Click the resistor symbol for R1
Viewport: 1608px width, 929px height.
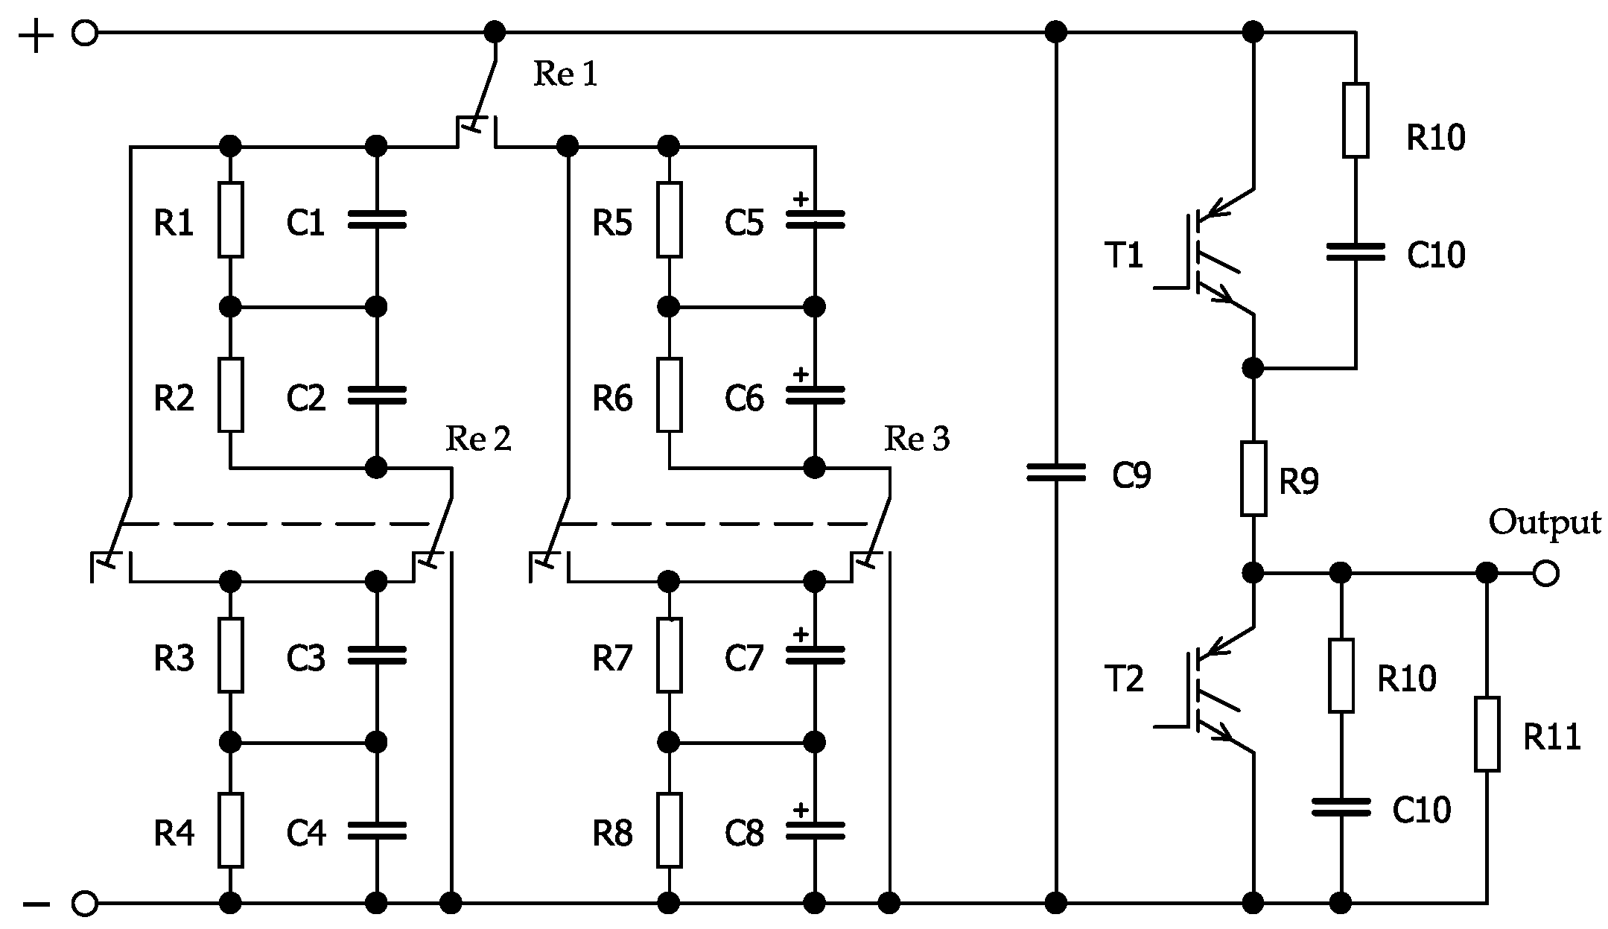(x=230, y=220)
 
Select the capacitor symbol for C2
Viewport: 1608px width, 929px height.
(x=377, y=395)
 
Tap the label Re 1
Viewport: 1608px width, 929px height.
(x=565, y=74)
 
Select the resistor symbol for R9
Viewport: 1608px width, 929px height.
(x=1253, y=478)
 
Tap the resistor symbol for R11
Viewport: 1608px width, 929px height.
(x=1487, y=734)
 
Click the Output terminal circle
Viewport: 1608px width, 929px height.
(x=1545, y=574)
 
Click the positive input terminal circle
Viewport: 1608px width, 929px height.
(x=85, y=34)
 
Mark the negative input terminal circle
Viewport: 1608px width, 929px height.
(x=85, y=904)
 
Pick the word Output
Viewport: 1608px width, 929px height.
(x=1544, y=523)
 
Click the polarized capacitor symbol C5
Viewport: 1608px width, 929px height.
(x=815, y=218)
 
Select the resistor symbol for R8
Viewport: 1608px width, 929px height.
(x=669, y=830)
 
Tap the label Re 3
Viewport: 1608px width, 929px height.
(x=916, y=440)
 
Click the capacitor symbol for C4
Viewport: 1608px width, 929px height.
(x=377, y=831)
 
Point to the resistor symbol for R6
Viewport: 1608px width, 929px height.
(x=669, y=395)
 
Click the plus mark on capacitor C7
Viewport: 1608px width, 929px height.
(x=801, y=635)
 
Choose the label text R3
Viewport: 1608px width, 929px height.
(x=174, y=659)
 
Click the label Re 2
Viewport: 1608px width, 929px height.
(x=478, y=440)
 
